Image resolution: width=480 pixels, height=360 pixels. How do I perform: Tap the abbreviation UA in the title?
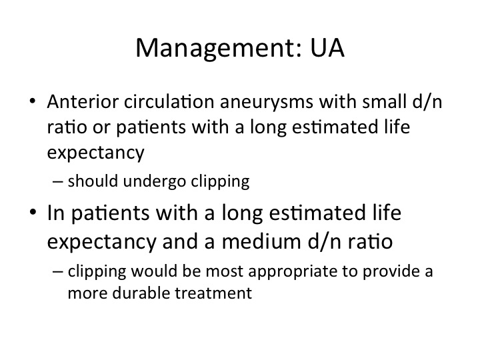[327, 48]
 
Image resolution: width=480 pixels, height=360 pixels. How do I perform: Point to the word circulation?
[169, 101]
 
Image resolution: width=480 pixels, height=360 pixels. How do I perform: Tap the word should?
[93, 181]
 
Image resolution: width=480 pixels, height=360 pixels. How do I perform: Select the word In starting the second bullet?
[56, 213]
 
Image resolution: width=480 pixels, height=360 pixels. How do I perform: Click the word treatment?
[213, 293]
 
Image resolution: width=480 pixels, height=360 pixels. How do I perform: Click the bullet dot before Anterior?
[33, 101]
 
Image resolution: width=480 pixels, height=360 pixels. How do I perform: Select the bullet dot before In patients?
[33, 212]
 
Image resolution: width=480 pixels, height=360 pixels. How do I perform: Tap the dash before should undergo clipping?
[57, 181]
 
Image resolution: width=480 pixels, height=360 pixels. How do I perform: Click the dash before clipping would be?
[57, 271]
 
